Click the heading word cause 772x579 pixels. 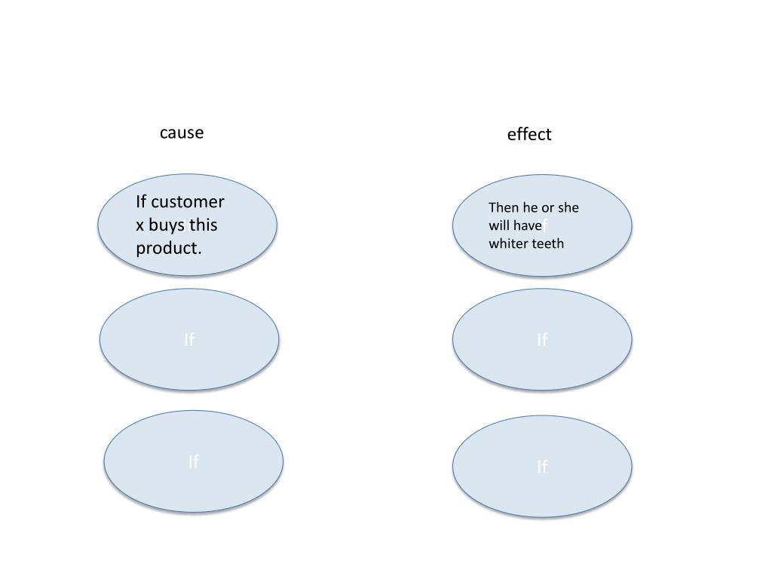[182, 133]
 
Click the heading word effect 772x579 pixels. [529, 134]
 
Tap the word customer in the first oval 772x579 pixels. [188, 202]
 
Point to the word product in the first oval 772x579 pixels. [168, 248]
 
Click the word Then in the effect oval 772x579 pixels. [504, 207]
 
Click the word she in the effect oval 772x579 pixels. [568, 207]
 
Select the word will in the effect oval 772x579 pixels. [499, 225]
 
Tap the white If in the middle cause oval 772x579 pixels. [189, 340]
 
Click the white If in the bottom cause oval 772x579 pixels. [194, 461]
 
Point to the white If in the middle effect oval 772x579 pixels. [542, 340]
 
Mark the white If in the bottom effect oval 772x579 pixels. [542, 467]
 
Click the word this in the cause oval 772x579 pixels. [204, 225]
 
